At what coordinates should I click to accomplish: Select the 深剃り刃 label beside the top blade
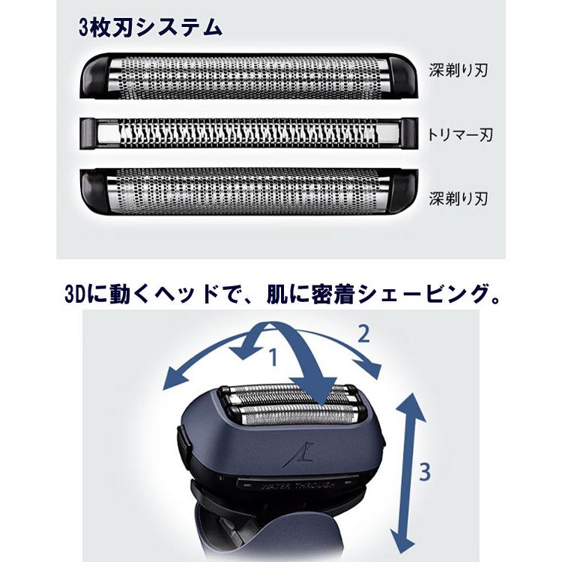click(459, 72)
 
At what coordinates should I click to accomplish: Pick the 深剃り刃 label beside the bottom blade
click(459, 199)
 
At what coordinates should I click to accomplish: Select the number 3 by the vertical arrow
click(425, 472)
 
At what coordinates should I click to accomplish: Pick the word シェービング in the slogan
click(423, 294)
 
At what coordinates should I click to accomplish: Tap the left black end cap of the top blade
click(95, 73)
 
